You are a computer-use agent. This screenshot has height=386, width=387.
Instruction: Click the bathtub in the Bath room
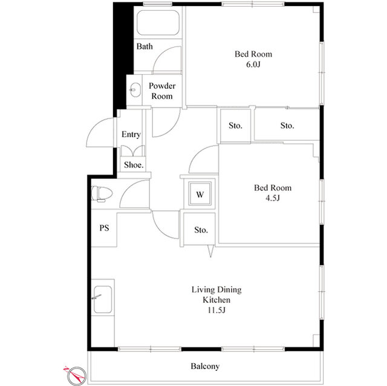click(158, 23)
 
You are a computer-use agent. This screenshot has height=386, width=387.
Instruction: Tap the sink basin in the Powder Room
click(135, 90)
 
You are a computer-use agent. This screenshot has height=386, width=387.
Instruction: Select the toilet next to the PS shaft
click(102, 194)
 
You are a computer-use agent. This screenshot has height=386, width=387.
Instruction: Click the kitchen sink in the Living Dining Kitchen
click(103, 300)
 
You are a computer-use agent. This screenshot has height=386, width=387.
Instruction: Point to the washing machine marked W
click(200, 194)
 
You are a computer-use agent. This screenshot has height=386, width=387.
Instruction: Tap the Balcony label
click(205, 366)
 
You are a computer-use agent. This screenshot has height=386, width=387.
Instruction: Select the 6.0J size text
click(253, 65)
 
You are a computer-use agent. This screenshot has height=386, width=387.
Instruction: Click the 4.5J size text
click(273, 198)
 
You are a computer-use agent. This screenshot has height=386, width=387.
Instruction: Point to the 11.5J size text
click(216, 310)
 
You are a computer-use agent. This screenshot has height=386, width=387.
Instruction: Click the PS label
click(104, 228)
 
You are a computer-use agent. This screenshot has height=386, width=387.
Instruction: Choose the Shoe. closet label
click(134, 165)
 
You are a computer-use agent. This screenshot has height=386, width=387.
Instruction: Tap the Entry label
click(131, 134)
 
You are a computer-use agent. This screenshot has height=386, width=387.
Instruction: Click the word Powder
click(162, 86)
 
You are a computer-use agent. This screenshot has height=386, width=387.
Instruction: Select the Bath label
click(145, 47)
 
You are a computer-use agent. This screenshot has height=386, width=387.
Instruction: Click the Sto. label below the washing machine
click(201, 230)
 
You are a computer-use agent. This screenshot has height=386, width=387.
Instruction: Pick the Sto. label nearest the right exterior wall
click(287, 126)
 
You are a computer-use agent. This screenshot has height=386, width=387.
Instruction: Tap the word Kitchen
click(216, 300)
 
